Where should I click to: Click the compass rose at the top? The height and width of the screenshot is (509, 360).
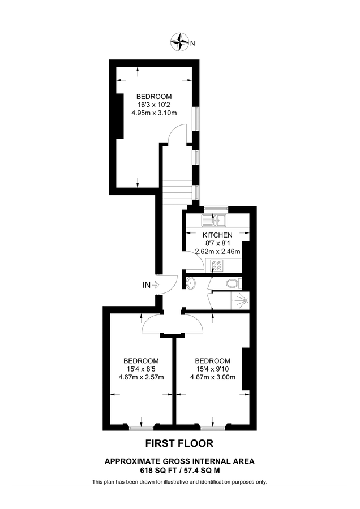180,41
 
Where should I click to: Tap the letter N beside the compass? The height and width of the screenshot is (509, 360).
192,44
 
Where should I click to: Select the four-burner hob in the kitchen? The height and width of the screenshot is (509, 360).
216,264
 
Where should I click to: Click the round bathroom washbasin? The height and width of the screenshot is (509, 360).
191,284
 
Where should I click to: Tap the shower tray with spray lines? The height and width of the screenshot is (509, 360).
241,300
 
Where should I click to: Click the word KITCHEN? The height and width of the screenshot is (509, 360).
217,235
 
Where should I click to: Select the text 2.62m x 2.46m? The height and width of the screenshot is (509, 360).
217,252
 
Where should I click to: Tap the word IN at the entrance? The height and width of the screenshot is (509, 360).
146,285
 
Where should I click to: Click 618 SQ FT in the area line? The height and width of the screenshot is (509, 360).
158,469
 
